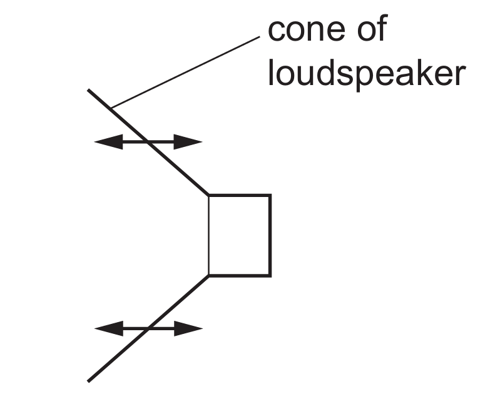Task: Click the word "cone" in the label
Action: [x=307, y=30]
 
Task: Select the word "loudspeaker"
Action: [x=367, y=74]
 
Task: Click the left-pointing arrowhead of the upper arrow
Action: [x=108, y=142]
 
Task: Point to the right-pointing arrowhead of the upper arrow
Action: [x=188, y=142]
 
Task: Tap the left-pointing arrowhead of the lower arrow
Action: [x=108, y=328]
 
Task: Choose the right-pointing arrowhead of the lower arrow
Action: [x=188, y=328]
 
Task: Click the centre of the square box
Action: [x=240, y=235]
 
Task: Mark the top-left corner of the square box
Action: [x=208, y=194]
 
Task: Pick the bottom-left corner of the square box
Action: [x=208, y=275]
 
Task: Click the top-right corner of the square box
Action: [x=270, y=194]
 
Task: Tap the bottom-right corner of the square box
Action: [x=270, y=275]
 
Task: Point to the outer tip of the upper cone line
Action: [x=88, y=89]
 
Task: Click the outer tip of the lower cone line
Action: [x=88, y=381]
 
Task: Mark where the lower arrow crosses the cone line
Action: [x=148, y=328]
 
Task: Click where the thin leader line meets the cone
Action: [x=111, y=108]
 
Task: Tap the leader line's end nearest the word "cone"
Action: [x=260, y=37]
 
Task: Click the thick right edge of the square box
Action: [x=270, y=235]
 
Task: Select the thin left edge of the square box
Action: [x=209, y=235]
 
